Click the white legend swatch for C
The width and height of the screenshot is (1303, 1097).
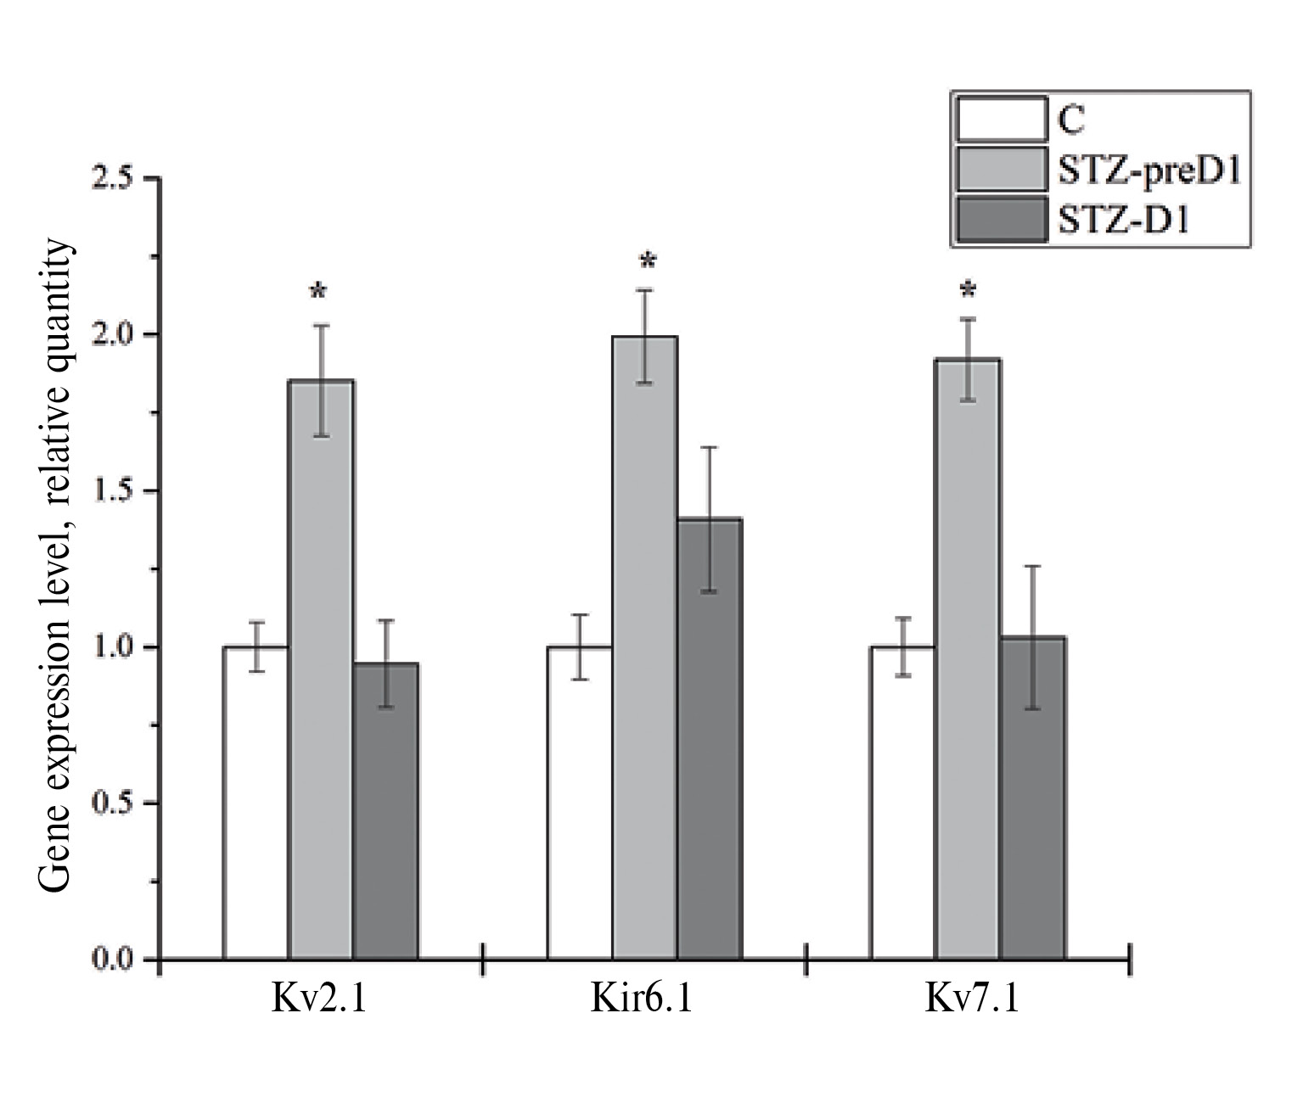point(1000,119)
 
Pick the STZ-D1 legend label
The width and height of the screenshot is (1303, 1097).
point(1123,221)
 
